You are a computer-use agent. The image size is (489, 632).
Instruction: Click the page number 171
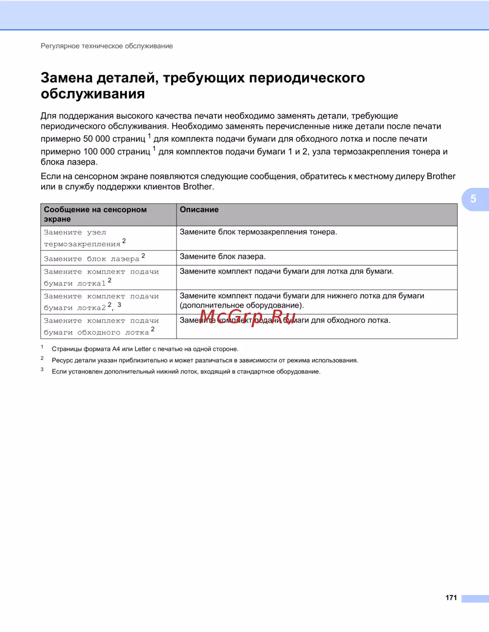(451, 597)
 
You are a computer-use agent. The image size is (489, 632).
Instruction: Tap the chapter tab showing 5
(473, 199)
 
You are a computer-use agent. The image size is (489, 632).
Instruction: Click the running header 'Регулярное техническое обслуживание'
(107, 46)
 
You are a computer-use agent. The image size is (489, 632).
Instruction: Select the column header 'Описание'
(199, 210)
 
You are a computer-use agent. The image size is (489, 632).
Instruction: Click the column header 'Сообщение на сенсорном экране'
(95, 214)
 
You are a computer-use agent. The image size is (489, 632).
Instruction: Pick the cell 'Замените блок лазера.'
(222, 256)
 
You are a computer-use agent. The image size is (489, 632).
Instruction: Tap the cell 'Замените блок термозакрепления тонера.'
(258, 232)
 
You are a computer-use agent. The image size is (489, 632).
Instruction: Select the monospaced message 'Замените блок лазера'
(91, 259)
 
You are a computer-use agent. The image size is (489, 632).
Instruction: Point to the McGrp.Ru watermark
(247, 317)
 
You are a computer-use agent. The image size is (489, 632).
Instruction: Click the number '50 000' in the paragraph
(96, 139)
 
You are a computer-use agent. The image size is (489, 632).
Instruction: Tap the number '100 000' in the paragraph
(99, 151)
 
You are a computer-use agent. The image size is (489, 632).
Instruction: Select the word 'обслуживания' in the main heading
(93, 94)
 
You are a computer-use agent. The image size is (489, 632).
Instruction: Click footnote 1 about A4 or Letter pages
(145, 349)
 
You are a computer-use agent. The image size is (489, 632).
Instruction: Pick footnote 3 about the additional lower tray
(186, 372)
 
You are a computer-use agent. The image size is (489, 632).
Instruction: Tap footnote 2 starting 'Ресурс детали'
(205, 360)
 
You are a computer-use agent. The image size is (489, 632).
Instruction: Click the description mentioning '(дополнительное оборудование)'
(302, 300)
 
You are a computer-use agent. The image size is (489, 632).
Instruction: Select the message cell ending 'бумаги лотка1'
(101, 277)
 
